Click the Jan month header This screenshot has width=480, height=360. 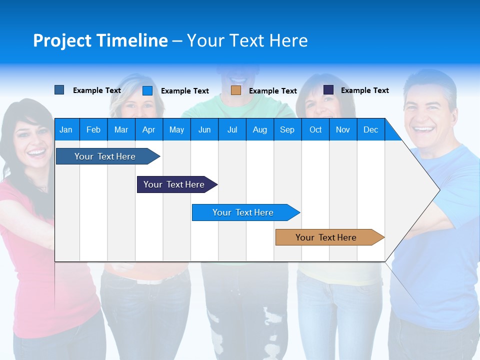pyautogui.click(x=66, y=129)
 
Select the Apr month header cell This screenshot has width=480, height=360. pyautogui.click(x=148, y=129)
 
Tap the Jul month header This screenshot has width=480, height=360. pyautogui.click(x=232, y=129)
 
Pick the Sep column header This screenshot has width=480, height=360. pyautogui.click(x=287, y=129)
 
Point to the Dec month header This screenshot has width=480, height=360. pyautogui.click(x=370, y=129)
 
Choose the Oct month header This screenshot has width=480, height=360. pyautogui.click(x=315, y=129)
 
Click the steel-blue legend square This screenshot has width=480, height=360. pyautogui.click(x=59, y=90)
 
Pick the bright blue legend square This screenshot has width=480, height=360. pyautogui.click(x=147, y=90)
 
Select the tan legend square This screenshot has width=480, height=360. pyautogui.click(x=236, y=90)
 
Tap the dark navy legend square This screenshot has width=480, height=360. pyautogui.click(x=328, y=90)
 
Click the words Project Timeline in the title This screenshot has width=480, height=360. pyautogui.click(x=100, y=40)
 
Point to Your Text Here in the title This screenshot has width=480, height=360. pyautogui.click(x=247, y=40)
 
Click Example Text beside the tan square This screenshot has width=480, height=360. pyautogui.click(x=272, y=91)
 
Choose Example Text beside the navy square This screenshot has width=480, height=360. pyautogui.click(x=364, y=90)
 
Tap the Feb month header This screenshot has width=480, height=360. pyautogui.click(x=93, y=129)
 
